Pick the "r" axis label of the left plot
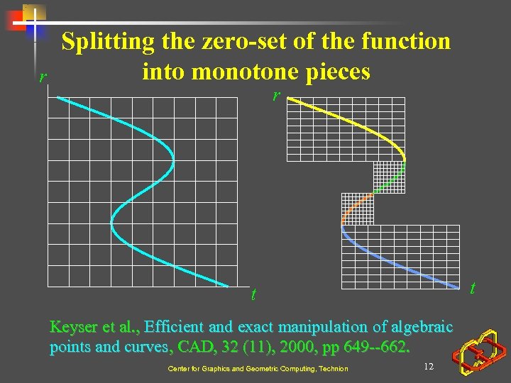43,77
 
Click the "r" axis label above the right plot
278,96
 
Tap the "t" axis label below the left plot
253,294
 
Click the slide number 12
428,366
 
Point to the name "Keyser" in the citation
73,328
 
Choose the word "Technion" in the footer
334,369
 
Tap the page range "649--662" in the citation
380,348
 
